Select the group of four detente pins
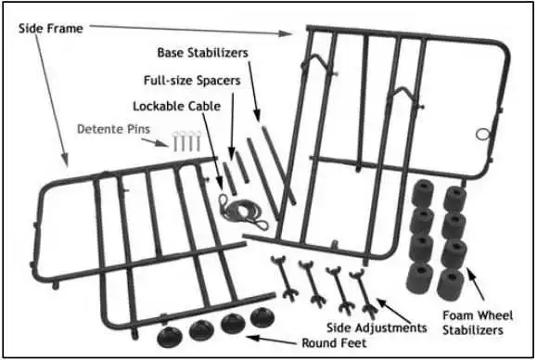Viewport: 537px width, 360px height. (184, 141)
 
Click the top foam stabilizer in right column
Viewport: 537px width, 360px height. (454, 197)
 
